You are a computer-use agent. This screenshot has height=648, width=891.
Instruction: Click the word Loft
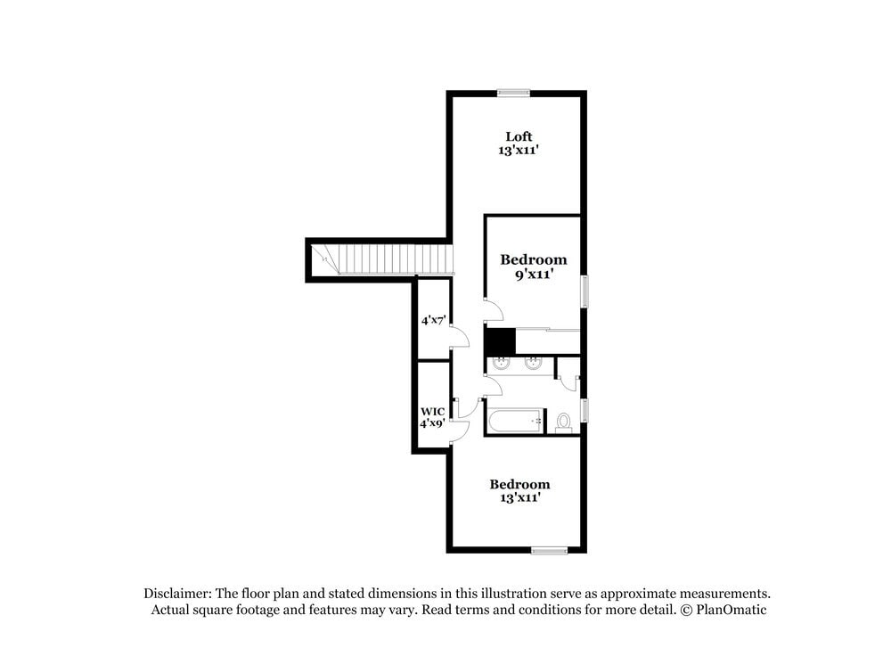click(x=519, y=136)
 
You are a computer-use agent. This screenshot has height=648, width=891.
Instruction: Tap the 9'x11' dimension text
click(x=533, y=275)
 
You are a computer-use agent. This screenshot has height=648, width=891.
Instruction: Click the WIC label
click(x=432, y=411)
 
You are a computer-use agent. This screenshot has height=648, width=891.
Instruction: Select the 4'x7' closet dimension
click(x=433, y=319)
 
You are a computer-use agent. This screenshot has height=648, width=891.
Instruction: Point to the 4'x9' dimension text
click(x=432, y=423)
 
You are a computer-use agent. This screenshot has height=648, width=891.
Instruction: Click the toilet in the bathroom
click(x=563, y=422)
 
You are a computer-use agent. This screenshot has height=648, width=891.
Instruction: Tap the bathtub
click(x=515, y=421)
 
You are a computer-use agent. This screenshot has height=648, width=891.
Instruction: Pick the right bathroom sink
click(x=533, y=363)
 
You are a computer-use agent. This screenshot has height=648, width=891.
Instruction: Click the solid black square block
click(x=500, y=341)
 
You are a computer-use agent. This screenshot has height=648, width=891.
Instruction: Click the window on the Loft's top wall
click(x=513, y=92)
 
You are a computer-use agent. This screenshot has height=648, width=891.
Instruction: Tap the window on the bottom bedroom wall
click(x=549, y=550)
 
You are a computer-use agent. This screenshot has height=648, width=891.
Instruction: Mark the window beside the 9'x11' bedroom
click(x=584, y=291)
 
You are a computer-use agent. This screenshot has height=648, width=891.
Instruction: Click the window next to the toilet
click(x=584, y=410)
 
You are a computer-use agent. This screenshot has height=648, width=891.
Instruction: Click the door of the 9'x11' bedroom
click(x=493, y=309)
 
